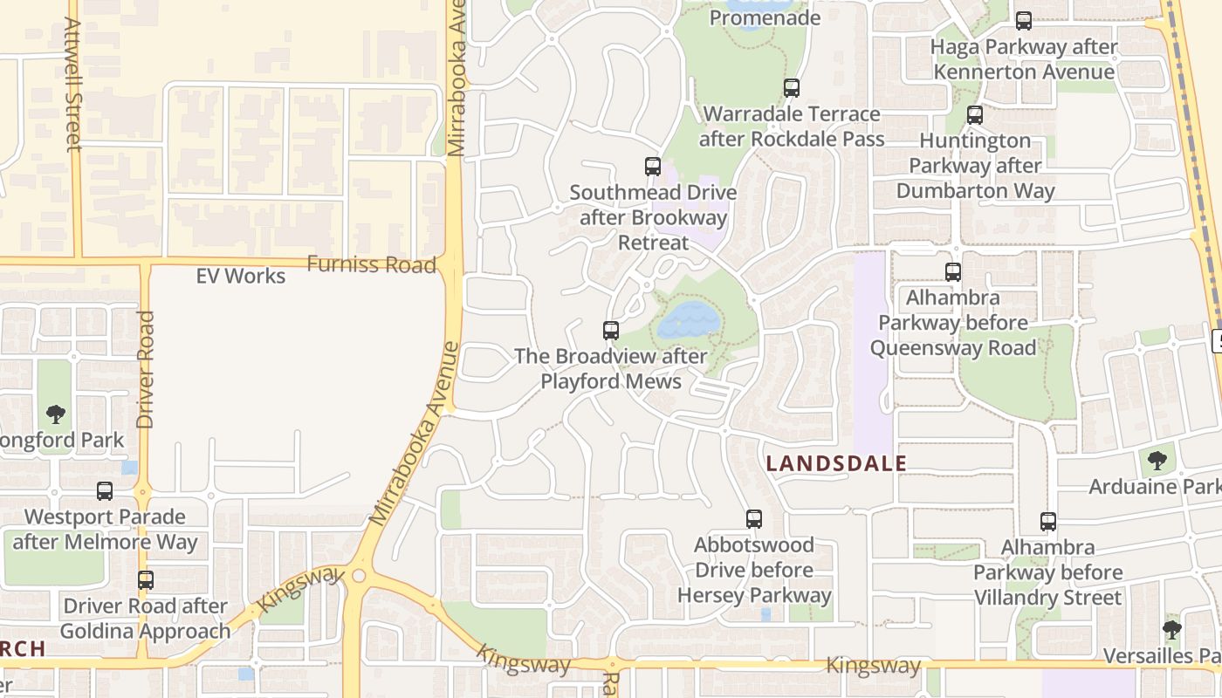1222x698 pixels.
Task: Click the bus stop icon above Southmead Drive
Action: tap(652, 167)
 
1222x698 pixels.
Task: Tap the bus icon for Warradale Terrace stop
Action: tap(792, 88)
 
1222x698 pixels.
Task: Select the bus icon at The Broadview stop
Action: tap(611, 331)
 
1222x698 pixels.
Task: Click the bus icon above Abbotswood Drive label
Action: tap(754, 519)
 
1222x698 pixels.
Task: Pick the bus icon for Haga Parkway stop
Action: tap(1024, 21)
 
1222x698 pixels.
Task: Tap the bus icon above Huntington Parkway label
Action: tap(975, 115)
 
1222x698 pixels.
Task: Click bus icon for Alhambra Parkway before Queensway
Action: tap(953, 272)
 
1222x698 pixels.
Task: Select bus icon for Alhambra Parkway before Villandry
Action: tap(1048, 522)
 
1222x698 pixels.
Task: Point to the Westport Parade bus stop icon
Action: tap(105, 491)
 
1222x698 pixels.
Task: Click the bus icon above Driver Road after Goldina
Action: tap(146, 580)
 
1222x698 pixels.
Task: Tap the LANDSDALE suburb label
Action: tap(836, 463)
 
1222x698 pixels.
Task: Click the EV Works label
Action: tap(240, 277)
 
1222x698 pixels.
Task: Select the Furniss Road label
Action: tap(372, 264)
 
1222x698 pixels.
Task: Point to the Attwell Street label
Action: tap(73, 85)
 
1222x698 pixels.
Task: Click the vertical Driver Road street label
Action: tap(145, 370)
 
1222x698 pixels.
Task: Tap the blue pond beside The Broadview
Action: tap(689, 320)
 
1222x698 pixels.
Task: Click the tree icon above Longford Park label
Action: tap(56, 414)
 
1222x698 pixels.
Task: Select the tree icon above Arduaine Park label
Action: tap(1157, 460)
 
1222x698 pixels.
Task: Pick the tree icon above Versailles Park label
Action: tap(1172, 629)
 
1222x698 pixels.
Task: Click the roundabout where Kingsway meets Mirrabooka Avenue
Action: tap(359, 577)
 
